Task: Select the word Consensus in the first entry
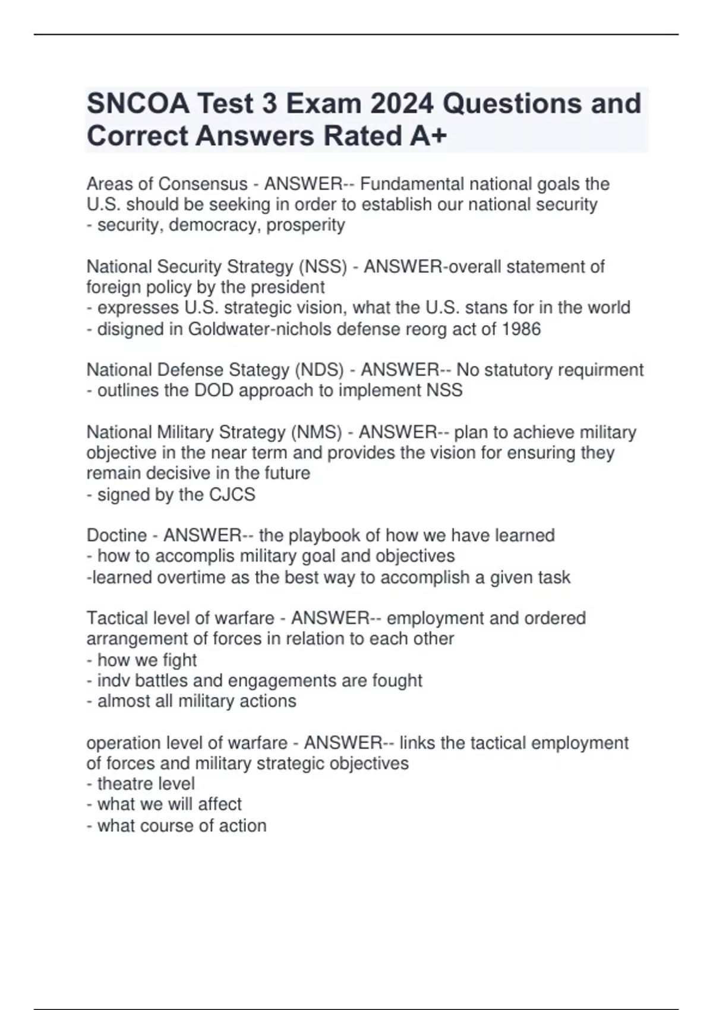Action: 203,184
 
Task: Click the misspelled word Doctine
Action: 116,535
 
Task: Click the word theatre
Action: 122,784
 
